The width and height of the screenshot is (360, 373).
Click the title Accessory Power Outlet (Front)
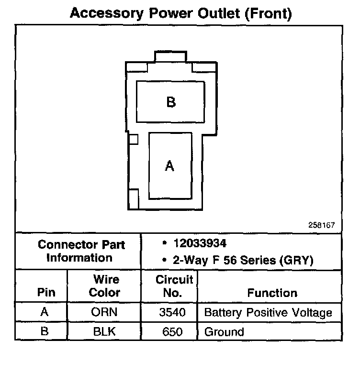tap(180, 13)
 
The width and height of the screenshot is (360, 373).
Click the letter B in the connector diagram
tap(171, 102)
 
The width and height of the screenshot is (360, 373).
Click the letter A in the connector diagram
tap(169, 165)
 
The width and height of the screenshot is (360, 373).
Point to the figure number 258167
tap(322, 225)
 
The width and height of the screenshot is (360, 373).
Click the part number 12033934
tap(199, 244)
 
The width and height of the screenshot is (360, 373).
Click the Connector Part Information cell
tap(81, 251)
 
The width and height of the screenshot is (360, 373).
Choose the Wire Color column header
tap(104, 285)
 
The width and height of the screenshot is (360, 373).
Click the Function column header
tap(272, 293)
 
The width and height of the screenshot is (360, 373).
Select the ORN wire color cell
tap(104, 313)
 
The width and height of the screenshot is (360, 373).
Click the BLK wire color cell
tap(104, 331)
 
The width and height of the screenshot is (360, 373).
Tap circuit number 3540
tap(170, 313)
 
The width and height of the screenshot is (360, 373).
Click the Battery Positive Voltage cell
tap(268, 313)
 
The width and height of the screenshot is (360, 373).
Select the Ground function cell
tap(224, 331)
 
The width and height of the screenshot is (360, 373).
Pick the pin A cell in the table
tap(45, 313)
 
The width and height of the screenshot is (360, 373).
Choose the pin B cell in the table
tap(45, 331)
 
